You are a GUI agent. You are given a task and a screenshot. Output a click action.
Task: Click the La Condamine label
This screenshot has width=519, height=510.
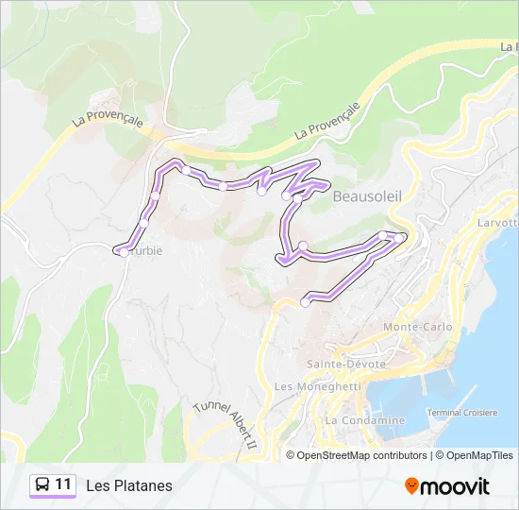click(364, 419)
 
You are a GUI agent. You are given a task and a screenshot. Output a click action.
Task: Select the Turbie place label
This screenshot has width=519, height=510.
click(143, 252)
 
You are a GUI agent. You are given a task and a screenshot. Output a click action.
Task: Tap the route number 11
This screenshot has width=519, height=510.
click(63, 484)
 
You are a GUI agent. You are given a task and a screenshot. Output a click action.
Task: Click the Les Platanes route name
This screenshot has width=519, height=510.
click(129, 485)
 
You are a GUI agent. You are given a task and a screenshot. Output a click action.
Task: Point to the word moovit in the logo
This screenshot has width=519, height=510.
click(456, 486)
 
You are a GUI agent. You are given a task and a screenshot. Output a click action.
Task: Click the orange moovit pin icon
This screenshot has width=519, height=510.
click(411, 486)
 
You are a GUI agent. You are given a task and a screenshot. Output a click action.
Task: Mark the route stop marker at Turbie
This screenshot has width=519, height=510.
click(124, 252)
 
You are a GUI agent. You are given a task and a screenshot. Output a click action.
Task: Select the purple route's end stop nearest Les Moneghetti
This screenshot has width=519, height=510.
click(305, 302)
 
